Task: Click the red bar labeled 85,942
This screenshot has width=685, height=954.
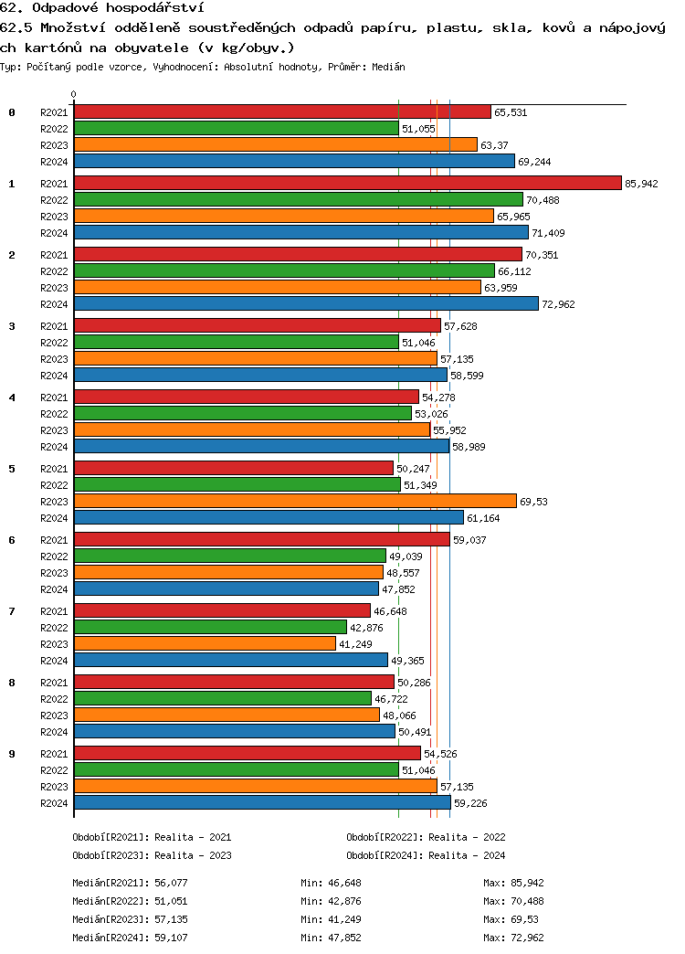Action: coord(347,184)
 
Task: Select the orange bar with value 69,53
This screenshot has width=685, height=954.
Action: coord(295,502)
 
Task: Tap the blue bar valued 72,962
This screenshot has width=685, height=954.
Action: coord(306,304)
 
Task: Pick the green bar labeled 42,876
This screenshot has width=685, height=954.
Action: coord(210,628)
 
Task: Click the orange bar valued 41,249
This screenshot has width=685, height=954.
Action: coord(205,644)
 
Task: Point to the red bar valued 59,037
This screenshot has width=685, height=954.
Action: coord(261,540)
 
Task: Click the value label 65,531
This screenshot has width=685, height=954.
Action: coord(511,112)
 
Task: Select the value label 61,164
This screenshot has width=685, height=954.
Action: coord(484,518)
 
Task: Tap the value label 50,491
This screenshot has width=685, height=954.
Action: coord(416,732)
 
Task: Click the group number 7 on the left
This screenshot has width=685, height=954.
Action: coord(12,611)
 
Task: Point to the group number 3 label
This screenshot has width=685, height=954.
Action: coord(12,326)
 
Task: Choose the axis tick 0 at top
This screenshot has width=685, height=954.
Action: coord(74,94)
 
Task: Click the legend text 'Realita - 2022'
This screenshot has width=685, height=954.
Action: coord(467,837)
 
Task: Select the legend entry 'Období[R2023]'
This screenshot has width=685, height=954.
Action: coord(111,855)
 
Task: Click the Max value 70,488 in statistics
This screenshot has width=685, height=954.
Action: coord(528,901)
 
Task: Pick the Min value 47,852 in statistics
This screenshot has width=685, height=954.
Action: coord(345,938)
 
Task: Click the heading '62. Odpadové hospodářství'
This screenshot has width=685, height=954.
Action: coord(101,8)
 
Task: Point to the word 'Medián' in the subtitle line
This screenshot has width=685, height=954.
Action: coord(388,67)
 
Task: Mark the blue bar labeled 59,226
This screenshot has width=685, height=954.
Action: coord(262,803)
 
